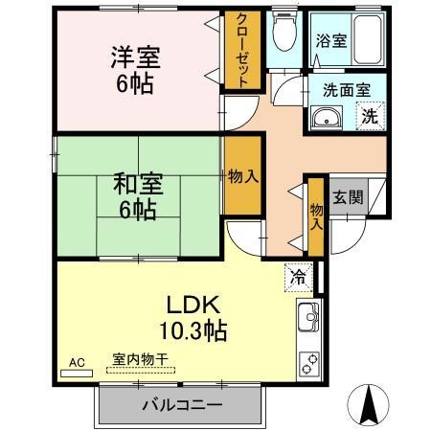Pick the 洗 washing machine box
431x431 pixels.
(x=369, y=119)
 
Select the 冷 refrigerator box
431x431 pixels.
(x=298, y=278)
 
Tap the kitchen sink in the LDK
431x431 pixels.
(x=308, y=317)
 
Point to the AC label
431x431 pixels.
(x=78, y=362)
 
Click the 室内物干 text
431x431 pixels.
(x=140, y=359)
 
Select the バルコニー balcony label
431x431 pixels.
(x=182, y=405)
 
